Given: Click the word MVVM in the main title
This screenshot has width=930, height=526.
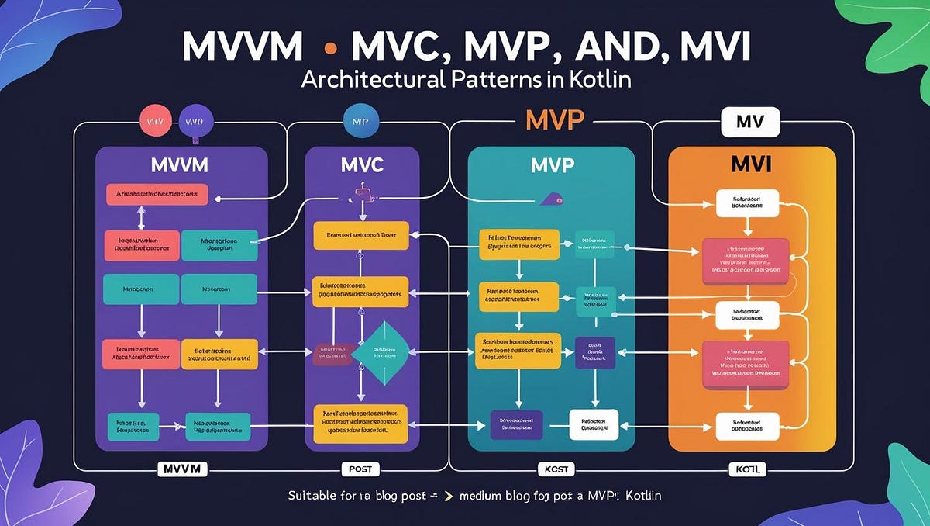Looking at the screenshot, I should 243,47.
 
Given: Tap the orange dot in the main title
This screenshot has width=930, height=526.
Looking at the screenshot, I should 330,48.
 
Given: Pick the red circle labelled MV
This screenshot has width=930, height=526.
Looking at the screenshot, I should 153,122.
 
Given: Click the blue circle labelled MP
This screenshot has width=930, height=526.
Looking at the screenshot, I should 358,122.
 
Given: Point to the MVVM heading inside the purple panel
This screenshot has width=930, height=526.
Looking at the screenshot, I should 181,166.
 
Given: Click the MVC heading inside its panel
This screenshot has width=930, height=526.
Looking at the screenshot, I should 363,166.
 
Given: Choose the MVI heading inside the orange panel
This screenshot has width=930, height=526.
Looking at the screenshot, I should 752,165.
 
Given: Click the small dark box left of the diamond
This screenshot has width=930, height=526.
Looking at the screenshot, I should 331,355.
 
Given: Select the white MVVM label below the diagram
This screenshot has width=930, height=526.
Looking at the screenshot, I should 181,469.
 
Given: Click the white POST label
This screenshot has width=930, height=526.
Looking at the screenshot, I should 362,469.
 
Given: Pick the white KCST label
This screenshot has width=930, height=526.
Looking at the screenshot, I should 553,469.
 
